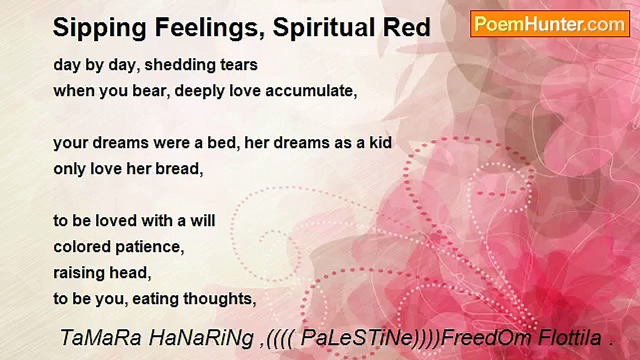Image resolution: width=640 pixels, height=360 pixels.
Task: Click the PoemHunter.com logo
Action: point(549,24)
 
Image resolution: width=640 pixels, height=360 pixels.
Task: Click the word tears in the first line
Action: point(239,65)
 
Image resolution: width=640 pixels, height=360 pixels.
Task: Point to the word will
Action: point(202,221)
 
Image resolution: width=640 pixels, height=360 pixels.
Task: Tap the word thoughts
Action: point(219,299)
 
